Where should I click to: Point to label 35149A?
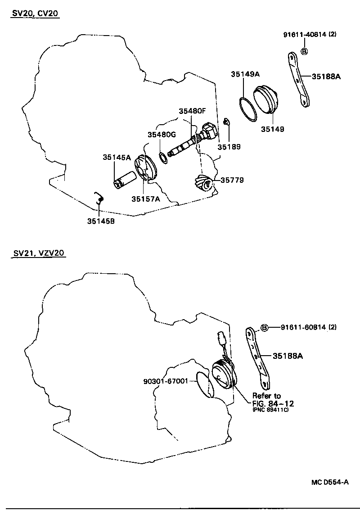tap(246, 75)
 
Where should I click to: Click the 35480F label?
tap(192, 111)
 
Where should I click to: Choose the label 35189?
tap(229, 147)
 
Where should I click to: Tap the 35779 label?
tap(232, 180)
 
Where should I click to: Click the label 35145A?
tap(117, 157)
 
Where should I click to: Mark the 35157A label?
tap(146, 199)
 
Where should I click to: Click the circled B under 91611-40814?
tap(304, 51)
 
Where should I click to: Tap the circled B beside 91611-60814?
tap(265, 328)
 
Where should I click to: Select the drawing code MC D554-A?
tap(330, 482)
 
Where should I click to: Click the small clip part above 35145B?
tap(100, 197)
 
